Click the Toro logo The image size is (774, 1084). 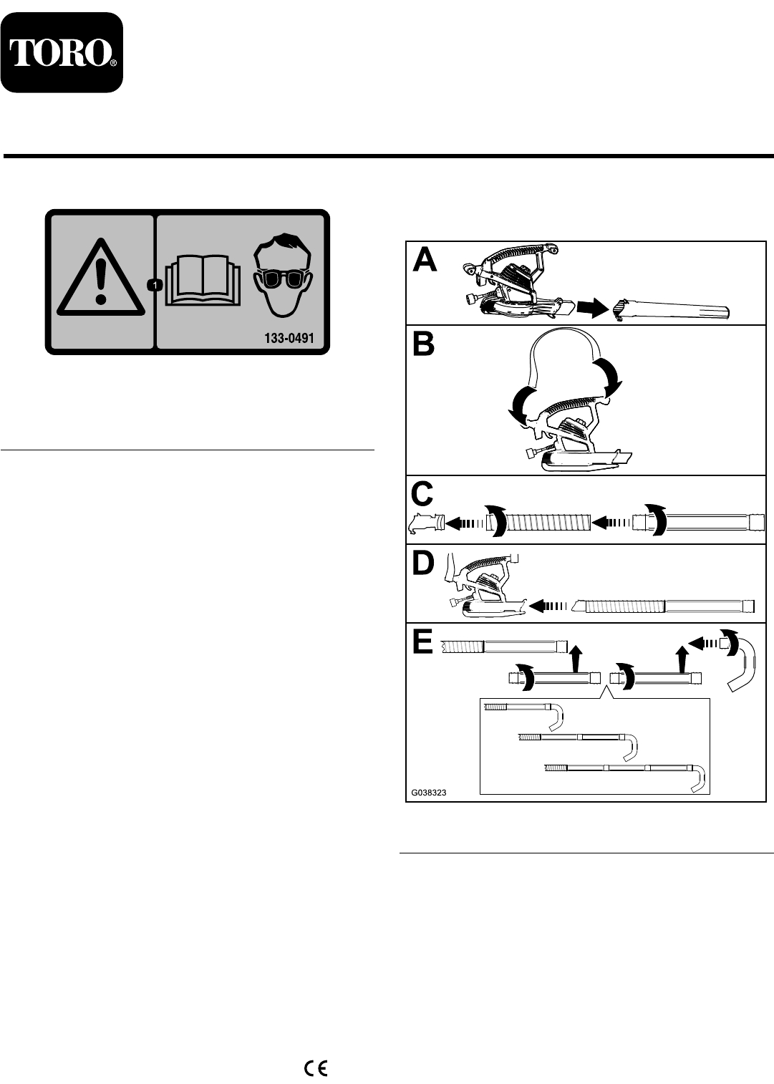pyautogui.click(x=62, y=53)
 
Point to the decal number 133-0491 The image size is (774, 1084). pyautogui.click(x=289, y=338)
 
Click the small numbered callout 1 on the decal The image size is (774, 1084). pyautogui.click(x=155, y=286)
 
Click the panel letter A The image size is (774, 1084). pyautogui.click(x=425, y=261)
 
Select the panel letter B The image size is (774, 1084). pyautogui.click(x=424, y=344)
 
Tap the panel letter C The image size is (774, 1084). pyautogui.click(x=422, y=494)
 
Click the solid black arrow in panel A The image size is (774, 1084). pyautogui.click(x=592, y=309)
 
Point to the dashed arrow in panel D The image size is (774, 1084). pyautogui.click(x=548, y=606)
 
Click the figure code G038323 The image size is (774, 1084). pyautogui.click(x=429, y=793)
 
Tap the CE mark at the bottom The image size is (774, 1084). pyautogui.click(x=316, y=1068)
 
